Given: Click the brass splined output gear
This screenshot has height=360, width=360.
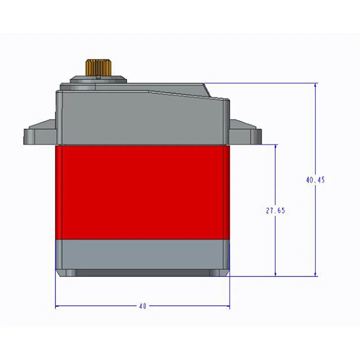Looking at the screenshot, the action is [99, 67].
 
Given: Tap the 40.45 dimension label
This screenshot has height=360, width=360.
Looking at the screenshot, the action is [315, 180].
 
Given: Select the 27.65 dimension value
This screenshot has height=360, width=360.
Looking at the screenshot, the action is [275, 210].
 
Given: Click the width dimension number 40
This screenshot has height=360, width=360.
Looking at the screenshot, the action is [143, 306].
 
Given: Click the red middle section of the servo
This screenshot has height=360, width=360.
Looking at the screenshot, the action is [142, 193].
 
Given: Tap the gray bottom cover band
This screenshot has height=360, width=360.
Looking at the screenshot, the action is [142, 254].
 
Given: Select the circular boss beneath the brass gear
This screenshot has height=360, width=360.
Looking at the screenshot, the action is [99, 80].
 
